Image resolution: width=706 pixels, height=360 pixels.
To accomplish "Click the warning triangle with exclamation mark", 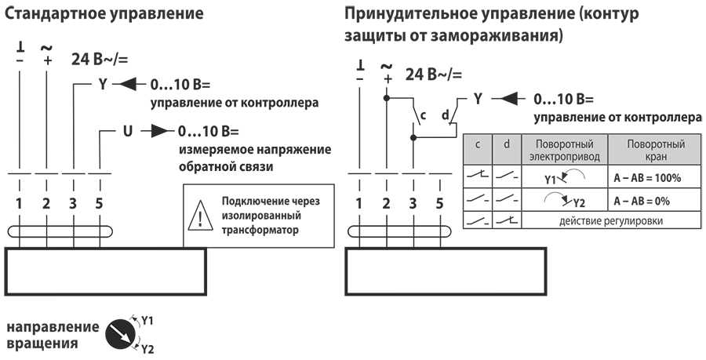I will [202, 216].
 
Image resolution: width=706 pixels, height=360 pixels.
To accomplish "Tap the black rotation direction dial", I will [121, 333].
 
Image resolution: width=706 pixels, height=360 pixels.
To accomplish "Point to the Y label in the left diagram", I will [103, 84].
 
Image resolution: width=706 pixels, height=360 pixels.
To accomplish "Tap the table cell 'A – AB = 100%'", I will [647, 178].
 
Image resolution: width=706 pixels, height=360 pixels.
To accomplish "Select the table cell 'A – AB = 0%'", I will [647, 201].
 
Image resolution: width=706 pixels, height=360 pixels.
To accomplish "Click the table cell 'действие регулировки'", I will [611, 221].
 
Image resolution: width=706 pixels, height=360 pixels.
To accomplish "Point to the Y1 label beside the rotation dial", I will [147, 319].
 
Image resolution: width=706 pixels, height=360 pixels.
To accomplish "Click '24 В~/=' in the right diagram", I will [434, 75].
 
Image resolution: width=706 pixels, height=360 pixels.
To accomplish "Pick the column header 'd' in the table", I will [507, 144].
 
